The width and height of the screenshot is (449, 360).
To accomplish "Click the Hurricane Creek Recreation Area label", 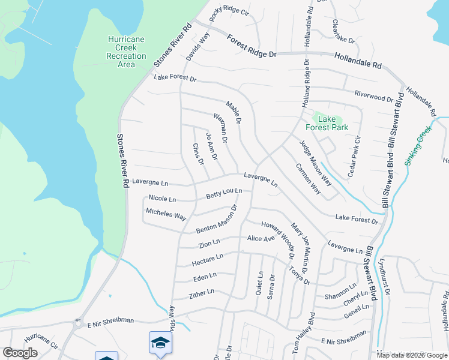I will tap(126, 52).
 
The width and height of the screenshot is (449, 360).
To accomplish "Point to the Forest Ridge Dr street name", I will tap(252, 46).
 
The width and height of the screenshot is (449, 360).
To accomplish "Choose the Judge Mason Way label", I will tap(316, 162).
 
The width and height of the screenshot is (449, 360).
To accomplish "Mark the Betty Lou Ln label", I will tap(224, 194).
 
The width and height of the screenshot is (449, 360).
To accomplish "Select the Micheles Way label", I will tap(166, 214).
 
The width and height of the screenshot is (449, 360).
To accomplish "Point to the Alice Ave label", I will tap(261, 239).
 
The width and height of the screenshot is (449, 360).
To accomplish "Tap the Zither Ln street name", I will tap(202, 293).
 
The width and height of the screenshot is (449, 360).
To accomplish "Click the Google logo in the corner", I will tap(20, 353).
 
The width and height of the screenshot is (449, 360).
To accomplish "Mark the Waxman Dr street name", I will tap(219, 128).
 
